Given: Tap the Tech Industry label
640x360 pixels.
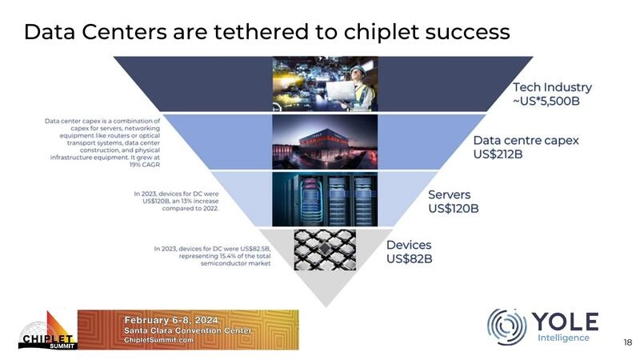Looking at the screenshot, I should [x=552, y=87].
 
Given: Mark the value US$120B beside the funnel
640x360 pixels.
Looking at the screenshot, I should [x=454, y=209].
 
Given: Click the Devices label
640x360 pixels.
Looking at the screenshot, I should [x=409, y=245].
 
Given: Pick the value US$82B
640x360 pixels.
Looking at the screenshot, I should [x=410, y=258].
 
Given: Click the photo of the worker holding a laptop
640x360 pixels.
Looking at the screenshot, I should [x=324, y=84].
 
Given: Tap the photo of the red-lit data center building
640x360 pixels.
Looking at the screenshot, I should [x=324, y=142].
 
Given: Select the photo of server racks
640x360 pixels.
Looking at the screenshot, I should [x=324, y=199].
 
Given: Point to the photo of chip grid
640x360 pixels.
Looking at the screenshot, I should [x=324, y=249].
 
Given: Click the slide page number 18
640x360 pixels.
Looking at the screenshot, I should [x=627, y=343].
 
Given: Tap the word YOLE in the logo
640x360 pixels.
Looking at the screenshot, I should [x=565, y=322].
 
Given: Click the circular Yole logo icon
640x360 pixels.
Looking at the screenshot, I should [x=506, y=327].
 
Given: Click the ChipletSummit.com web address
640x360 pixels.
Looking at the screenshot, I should [x=159, y=340].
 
